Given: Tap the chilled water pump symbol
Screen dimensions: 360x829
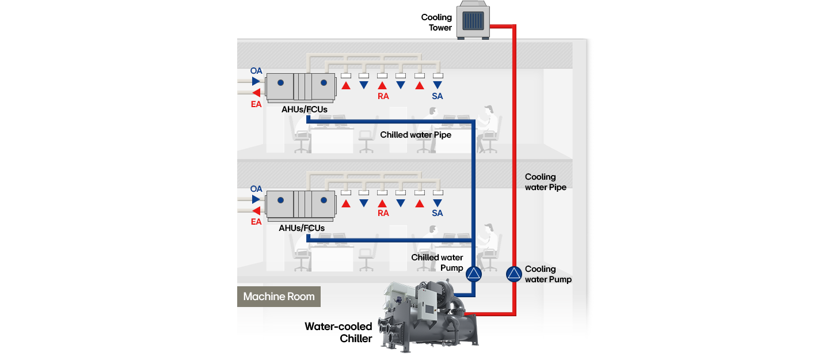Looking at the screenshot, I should coord(473,274).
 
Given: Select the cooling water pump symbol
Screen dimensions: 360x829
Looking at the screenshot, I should coord(514,274).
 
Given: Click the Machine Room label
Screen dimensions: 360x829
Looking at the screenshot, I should coord(279,297).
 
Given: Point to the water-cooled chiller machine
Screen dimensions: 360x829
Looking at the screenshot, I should coord(429,314).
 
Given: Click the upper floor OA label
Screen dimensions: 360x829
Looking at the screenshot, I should coord(256,71).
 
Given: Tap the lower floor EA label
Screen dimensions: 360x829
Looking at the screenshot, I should coord(256,222).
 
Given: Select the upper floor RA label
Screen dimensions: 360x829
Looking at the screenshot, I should coord(383,96).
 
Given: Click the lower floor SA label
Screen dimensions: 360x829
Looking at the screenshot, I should coord(438,213).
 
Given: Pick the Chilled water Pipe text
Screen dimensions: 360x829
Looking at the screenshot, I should coord(416,135).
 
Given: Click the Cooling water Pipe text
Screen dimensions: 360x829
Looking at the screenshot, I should coord(545,182).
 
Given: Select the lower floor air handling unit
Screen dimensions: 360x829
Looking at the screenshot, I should coord(301,204).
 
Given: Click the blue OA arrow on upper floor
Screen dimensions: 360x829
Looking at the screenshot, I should coord(256,81).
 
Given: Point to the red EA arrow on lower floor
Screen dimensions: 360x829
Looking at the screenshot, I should coord(256,211).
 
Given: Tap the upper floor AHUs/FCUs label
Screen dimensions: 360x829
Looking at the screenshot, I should coord(305,109).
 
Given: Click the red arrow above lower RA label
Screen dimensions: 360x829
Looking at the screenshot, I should coord(382,203).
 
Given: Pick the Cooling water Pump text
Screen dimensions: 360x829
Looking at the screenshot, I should coord(548,274).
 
